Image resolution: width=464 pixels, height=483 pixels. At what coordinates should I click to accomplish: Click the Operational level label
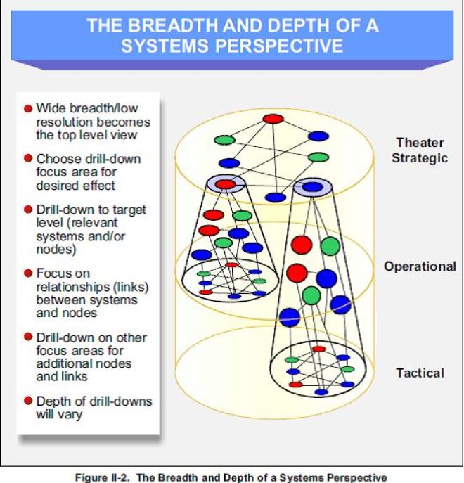pos(420,266)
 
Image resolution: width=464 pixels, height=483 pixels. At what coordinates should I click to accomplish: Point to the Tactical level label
pos(420,373)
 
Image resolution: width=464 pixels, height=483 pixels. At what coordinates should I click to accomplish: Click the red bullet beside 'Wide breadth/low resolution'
pos(28,109)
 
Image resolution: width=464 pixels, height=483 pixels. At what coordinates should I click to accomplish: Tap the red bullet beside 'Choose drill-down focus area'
pos(28,159)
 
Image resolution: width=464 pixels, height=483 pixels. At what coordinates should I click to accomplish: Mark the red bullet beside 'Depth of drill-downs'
pos(28,401)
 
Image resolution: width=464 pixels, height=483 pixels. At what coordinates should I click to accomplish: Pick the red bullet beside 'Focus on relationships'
pos(28,273)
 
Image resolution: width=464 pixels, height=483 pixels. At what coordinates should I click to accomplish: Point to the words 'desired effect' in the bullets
pos(75,185)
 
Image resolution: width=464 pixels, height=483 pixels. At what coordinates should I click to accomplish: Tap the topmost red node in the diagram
pos(272,119)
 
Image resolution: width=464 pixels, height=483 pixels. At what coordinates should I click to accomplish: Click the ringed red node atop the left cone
pos(225,184)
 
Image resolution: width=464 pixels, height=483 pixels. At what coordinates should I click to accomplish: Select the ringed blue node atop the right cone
pos(311,186)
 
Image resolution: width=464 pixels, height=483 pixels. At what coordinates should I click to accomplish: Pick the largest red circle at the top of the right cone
pos(302,245)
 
